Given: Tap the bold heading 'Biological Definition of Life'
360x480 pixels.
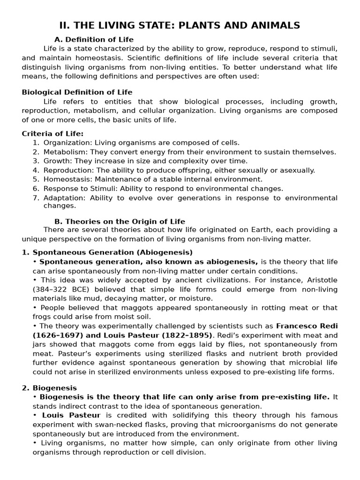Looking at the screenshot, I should click(x=77, y=92).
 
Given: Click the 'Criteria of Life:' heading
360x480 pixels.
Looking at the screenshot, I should click(x=52, y=134).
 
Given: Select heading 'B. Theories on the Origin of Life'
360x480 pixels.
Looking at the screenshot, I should click(x=120, y=221).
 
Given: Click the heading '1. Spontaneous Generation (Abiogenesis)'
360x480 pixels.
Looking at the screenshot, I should click(x=107, y=252).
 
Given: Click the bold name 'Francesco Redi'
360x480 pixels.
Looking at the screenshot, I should click(x=307, y=326).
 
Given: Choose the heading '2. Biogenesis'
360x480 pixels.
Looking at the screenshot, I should click(x=50, y=388).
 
